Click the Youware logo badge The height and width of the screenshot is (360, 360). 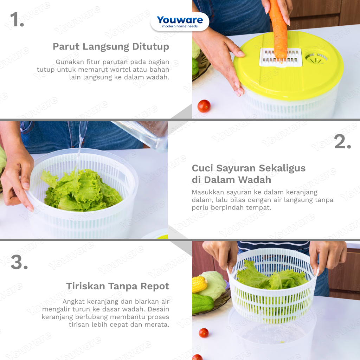(x=180, y=22)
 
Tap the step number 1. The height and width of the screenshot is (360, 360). (x=17, y=20)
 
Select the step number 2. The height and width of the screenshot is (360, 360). (x=342, y=141)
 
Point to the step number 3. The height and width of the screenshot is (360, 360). (x=19, y=262)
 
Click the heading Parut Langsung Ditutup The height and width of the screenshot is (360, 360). (x=111, y=47)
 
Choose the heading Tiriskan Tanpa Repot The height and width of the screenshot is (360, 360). (x=118, y=286)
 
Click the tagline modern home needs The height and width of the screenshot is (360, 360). (x=180, y=26)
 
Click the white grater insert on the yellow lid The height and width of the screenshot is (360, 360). (x=281, y=57)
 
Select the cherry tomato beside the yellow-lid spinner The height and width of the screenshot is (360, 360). (x=204, y=106)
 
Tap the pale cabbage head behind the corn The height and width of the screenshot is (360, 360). (x=213, y=284)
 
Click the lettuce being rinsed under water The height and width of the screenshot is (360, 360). (x=82, y=190)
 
